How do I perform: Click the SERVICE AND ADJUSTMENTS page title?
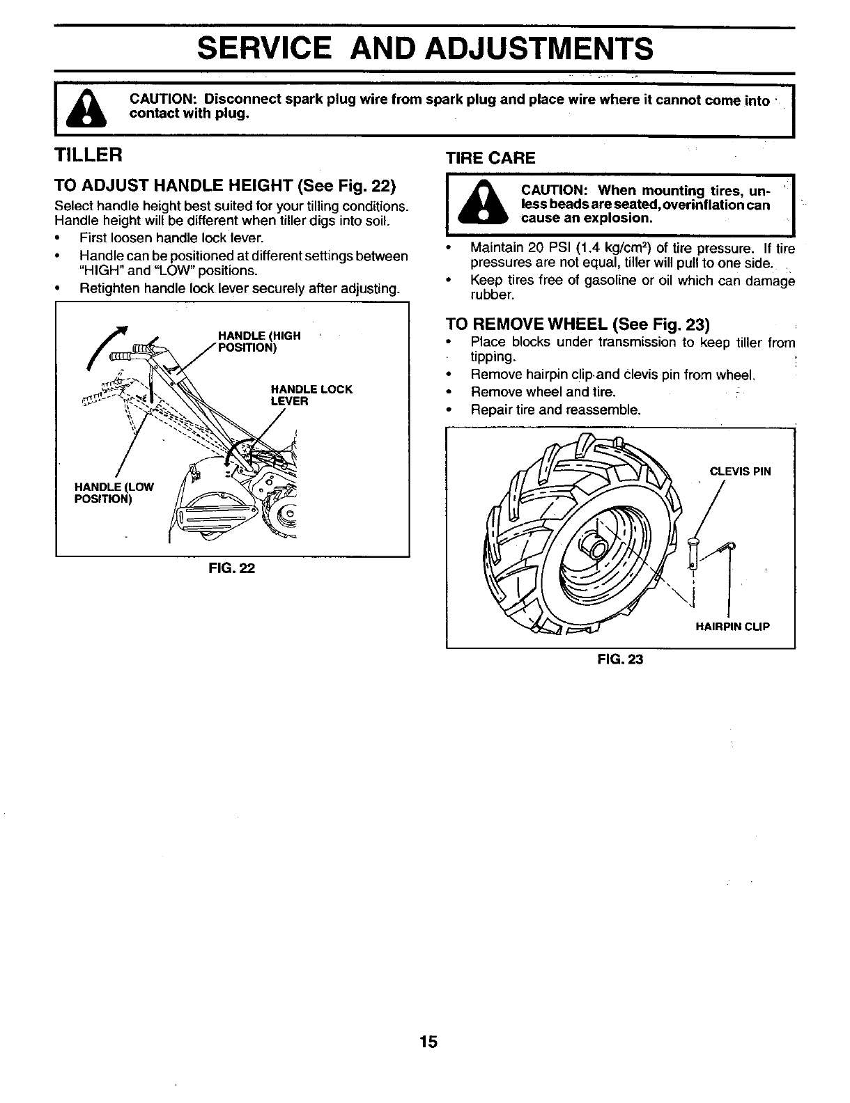425,49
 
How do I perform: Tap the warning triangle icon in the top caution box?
86,109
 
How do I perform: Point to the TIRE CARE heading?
490,158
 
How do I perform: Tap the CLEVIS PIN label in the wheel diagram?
740,471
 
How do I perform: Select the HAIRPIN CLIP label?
732,626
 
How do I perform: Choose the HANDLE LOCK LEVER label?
311,395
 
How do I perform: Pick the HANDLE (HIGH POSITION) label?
259,341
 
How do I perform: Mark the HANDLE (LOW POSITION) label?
114,492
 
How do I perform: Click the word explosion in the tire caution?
615,218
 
